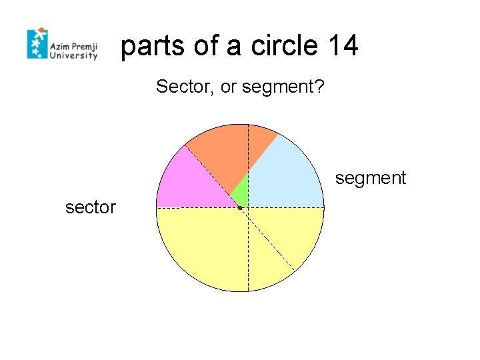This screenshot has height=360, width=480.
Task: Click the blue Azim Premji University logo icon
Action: [37, 43]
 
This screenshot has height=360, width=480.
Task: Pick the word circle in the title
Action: [285, 46]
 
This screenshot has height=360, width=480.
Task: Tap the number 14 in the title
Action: [342, 46]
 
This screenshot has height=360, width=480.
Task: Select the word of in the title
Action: [207, 46]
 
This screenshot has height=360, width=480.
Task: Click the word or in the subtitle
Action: [228, 88]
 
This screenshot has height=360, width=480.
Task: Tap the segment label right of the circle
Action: [370, 178]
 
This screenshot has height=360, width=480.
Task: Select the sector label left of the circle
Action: [90, 208]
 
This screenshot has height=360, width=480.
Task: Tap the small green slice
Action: [241, 194]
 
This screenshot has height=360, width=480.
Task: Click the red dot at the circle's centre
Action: [239, 209]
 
